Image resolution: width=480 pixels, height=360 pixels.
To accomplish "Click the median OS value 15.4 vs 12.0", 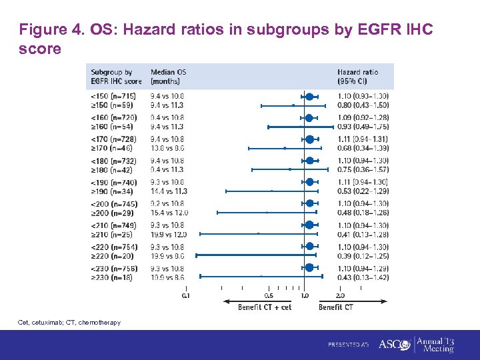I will tap(169, 213).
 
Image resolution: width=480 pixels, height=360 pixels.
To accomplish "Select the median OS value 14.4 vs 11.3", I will tap(169, 191).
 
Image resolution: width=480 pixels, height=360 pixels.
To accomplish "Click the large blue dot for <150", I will tap(309, 97).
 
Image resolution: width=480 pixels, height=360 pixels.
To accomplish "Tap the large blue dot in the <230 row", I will tap(309, 267).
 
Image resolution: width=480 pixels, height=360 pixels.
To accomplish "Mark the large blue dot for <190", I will tap(309, 182).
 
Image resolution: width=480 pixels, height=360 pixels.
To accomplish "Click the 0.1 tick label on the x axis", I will tap(186, 295).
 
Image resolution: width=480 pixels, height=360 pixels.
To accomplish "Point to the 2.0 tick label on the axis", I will tap(340, 295).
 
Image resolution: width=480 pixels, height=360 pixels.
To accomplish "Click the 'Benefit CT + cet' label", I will tap(265, 307).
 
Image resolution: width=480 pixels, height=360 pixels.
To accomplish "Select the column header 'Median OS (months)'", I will tap(170, 77).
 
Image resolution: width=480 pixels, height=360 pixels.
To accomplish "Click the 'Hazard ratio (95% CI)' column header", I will tap(358, 77).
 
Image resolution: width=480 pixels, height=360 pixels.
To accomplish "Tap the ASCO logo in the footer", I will tap(393, 345).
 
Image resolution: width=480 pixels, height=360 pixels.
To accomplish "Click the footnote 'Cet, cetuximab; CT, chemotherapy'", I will tap(69, 323).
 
